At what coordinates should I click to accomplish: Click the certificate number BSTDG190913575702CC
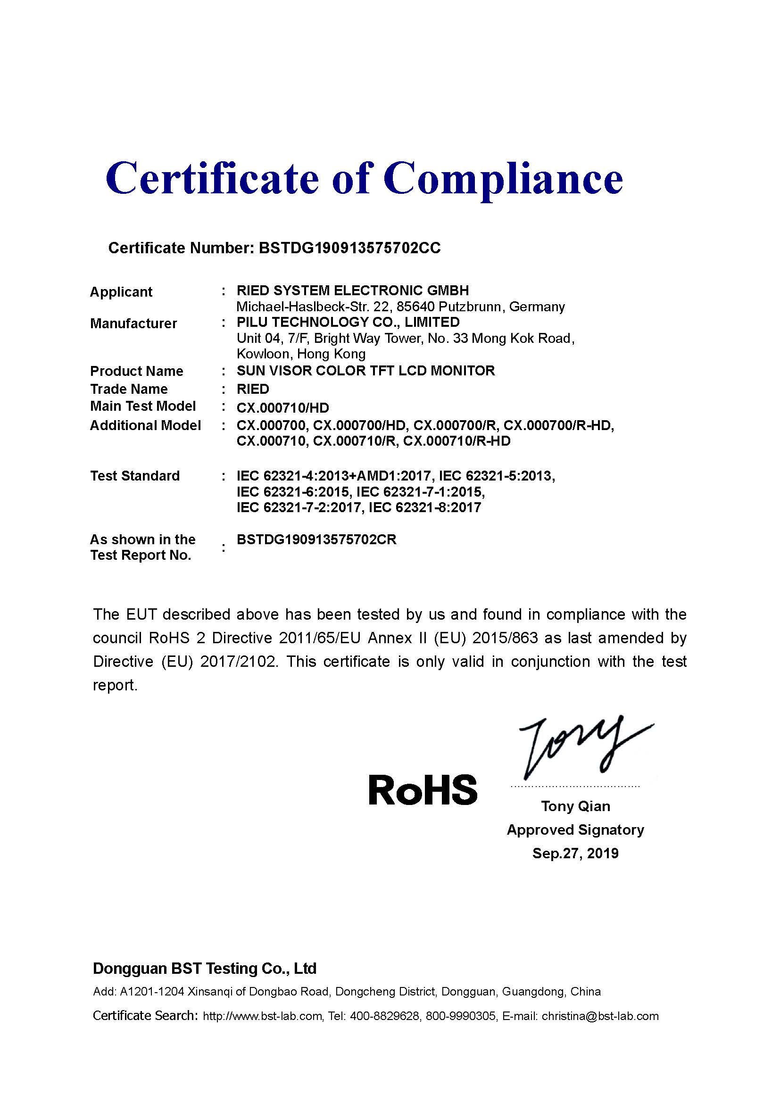[349, 248]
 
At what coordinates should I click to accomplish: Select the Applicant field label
[121, 292]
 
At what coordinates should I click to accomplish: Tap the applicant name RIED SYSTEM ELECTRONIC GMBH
[353, 290]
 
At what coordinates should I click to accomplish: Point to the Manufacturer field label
[133, 324]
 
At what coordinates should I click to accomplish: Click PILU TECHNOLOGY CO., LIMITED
[348, 323]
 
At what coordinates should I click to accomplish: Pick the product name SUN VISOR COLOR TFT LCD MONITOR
[365, 371]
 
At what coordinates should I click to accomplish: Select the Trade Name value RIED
[253, 389]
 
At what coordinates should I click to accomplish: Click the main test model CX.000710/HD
[282, 408]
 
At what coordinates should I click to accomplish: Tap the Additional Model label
[145, 426]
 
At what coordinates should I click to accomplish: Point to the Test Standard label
[135, 476]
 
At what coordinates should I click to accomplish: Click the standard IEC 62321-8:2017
[424, 508]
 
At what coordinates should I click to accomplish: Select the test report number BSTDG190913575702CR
[316, 540]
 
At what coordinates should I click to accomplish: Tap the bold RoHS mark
[423, 790]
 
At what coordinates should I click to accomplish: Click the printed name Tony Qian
[575, 806]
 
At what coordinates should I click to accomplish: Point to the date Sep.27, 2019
[575, 853]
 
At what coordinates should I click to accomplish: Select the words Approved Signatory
[575, 829]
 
